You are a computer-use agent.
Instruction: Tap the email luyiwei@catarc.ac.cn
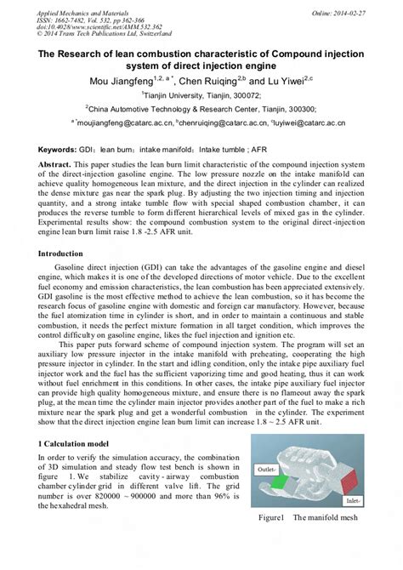(310, 123)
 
